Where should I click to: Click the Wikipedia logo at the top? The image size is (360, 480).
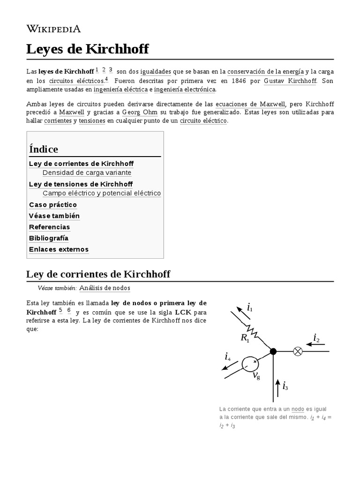click(x=53, y=29)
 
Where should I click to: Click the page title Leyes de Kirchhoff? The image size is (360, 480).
click(x=87, y=49)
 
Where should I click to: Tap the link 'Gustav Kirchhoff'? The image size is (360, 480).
click(x=290, y=81)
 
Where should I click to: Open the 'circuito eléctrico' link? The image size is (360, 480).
click(x=203, y=120)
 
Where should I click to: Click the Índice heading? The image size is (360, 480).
click(x=44, y=149)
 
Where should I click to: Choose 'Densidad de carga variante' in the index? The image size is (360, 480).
click(x=87, y=172)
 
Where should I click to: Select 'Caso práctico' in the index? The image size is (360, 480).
click(x=53, y=204)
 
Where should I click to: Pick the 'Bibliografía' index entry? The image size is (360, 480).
click(x=49, y=238)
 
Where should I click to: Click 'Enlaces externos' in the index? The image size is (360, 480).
click(x=59, y=249)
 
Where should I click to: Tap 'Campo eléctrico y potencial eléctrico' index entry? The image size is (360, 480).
click(x=101, y=193)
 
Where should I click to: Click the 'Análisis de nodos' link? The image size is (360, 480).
click(x=105, y=288)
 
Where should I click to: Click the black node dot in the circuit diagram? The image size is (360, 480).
click(x=273, y=351)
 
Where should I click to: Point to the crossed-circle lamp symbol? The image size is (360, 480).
click(x=297, y=351)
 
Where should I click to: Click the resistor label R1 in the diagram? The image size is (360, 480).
click(x=245, y=337)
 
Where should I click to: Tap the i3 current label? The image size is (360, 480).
click(x=285, y=386)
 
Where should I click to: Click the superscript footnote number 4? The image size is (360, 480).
click(x=106, y=78)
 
